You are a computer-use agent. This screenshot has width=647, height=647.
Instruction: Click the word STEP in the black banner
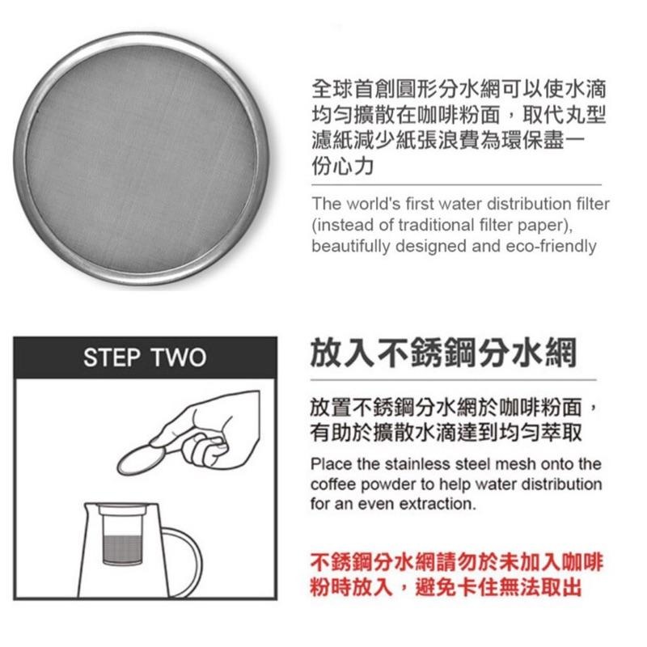coord(112,357)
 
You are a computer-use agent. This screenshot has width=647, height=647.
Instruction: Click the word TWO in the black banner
coord(177,357)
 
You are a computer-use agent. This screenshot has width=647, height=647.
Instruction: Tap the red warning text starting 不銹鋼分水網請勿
coord(456,561)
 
